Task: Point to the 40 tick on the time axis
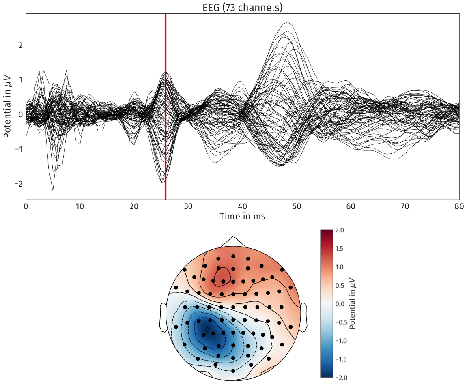click(243, 206)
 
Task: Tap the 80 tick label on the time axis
click(459, 206)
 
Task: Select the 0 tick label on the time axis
click(26, 206)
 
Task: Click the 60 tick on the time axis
click(351, 206)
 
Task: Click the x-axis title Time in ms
click(242, 217)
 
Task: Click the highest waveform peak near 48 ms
click(288, 23)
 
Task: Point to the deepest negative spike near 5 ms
click(53, 190)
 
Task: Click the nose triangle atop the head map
click(233, 241)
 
